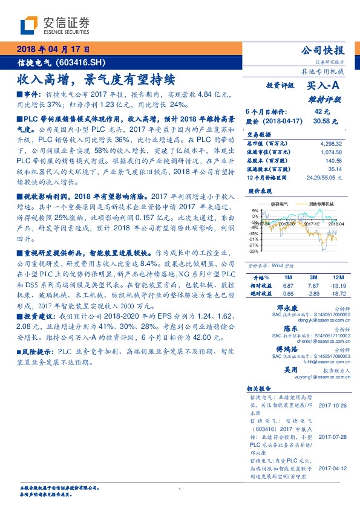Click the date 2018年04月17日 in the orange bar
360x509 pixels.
click(54, 49)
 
